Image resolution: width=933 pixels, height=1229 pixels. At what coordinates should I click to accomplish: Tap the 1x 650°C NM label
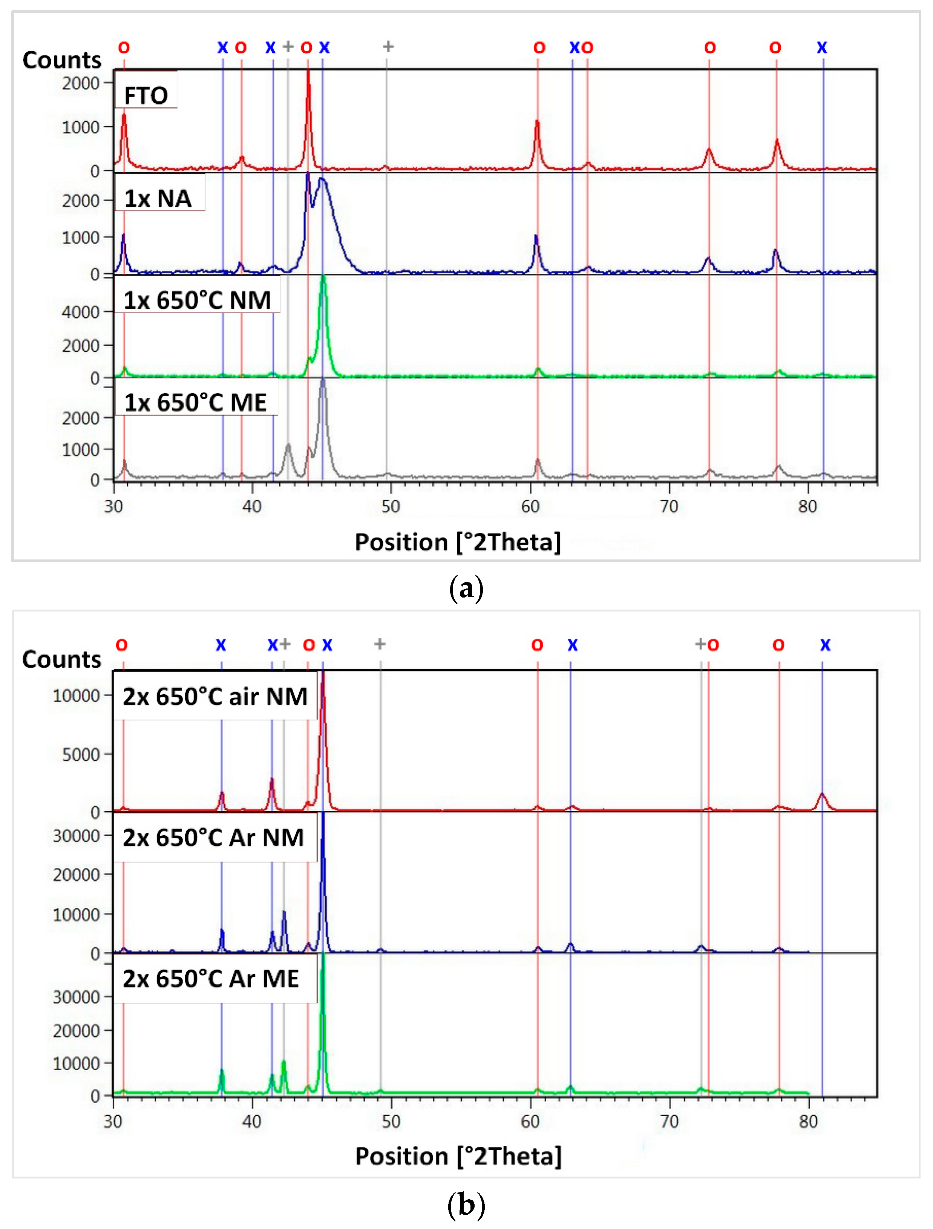[x=197, y=300]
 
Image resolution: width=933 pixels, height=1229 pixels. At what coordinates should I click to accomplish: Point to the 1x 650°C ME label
[x=195, y=402]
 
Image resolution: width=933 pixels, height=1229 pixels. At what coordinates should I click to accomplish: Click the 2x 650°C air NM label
[x=215, y=696]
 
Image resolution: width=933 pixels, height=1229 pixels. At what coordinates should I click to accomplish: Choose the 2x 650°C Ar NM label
[x=213, y=838]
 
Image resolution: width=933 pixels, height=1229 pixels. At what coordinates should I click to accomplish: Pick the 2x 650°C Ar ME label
[x=211, y=979]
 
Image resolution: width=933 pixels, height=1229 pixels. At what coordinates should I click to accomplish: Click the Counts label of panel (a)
[x=62, y=60]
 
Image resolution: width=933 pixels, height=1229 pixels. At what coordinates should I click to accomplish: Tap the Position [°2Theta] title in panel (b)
[x=458, y=1156]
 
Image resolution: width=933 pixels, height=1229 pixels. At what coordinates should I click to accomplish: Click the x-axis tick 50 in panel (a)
[x=391, y=506]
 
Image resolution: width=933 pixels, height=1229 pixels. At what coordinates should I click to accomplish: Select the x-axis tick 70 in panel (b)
[x=669, y=1121]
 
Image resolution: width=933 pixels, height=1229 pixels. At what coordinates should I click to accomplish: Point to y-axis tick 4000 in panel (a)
[x=81, y=312]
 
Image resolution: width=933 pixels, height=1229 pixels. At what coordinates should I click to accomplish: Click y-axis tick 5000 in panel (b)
[x=81, y=754]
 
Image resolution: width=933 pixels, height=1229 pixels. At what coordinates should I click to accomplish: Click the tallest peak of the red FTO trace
[x=308, y=75]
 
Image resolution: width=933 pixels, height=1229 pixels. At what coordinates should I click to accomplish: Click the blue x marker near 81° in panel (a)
[x=822, y=48]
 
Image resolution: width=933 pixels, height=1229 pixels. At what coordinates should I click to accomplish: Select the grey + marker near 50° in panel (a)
[x=388, y=47]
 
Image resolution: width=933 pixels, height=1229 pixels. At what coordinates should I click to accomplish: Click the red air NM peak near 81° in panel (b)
[x=823, y=795]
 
